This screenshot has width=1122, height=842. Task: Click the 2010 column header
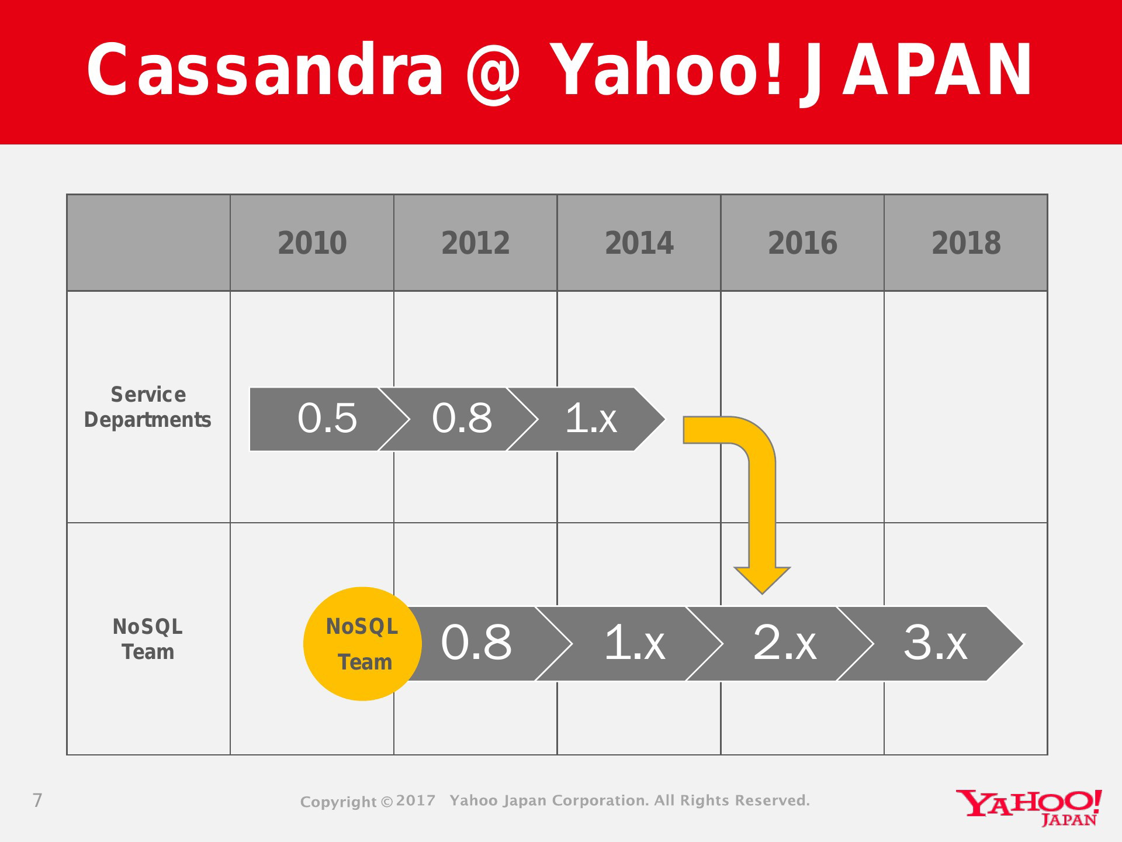(312, 243)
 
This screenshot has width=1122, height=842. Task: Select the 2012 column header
(476, 243)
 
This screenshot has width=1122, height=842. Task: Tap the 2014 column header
(639, 243)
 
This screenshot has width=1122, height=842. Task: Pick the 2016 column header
(802, 243)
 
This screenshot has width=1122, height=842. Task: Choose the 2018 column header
(966, 243)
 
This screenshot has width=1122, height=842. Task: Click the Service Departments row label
(148, 407)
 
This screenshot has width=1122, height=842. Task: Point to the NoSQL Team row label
(148, 639)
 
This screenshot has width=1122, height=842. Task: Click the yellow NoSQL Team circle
(362, 644)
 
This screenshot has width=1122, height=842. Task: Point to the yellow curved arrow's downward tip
(762, 593)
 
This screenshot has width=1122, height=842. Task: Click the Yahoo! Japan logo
(1029, 808)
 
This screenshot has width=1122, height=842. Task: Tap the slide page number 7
(37, 800)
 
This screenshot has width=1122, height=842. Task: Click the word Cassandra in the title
(265, 70)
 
